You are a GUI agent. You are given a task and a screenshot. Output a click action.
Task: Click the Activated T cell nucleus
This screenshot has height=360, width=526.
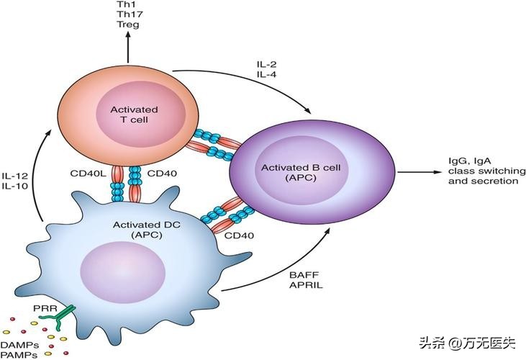tap(130, 114)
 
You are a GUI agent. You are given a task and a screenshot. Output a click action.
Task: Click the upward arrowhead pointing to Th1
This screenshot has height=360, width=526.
tap(129, 37)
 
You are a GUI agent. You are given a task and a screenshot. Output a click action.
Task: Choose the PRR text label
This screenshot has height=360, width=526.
tap(42, 309)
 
